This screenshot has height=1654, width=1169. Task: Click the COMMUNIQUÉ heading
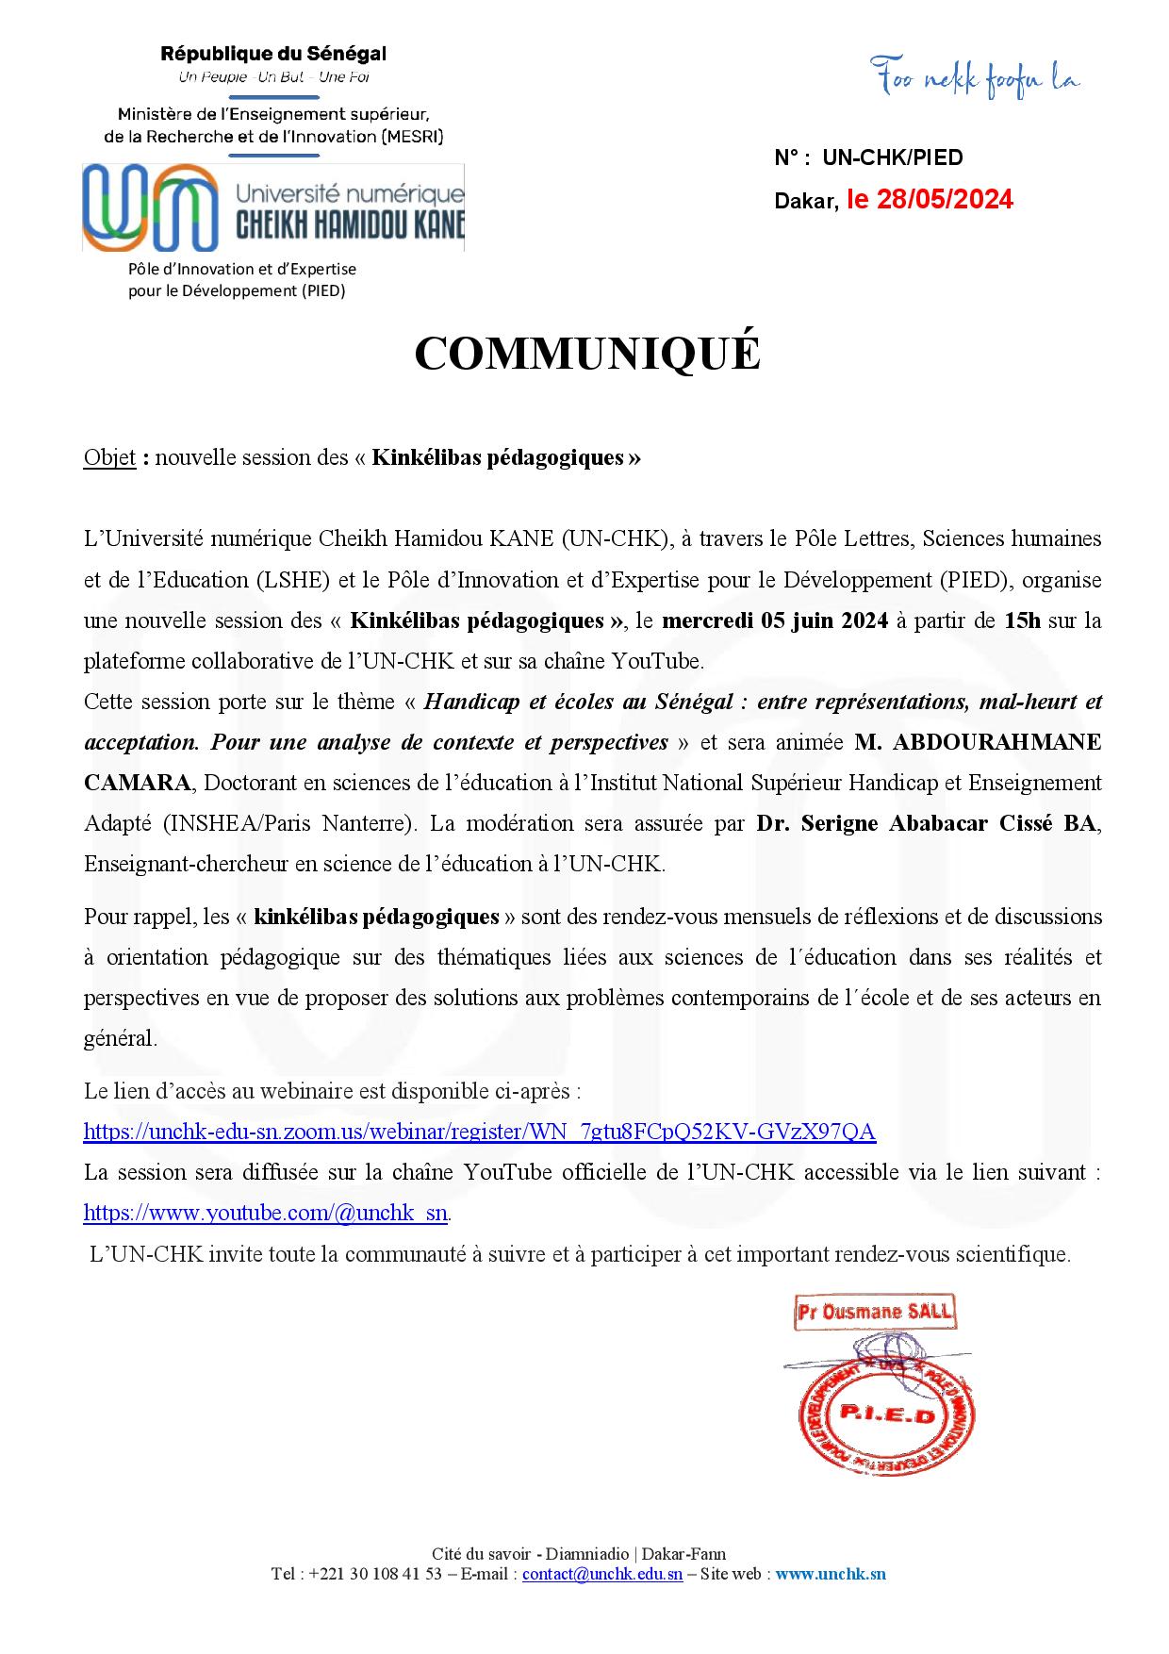tap(586, 354)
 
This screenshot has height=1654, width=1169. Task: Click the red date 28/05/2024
tap(945, 200)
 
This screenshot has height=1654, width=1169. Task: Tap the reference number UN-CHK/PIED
tap(893, 158)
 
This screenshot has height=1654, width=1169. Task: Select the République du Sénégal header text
tap(273, 54)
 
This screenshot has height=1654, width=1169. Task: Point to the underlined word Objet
tap(109, 458)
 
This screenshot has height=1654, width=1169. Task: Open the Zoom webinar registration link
tap(479, 1132)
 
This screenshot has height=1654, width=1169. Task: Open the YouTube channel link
tap(265, 1213)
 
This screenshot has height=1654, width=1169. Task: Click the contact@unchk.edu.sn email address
tap(602, 1574)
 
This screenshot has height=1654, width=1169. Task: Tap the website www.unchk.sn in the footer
tap(831, 1574)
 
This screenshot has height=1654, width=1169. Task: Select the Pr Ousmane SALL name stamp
tap(874, 1312)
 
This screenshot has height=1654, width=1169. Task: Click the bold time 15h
tap(1023, 620)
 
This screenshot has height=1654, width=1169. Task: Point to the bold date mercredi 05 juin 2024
tap(775, 620)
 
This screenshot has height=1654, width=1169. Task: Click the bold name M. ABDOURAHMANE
tap(978, 742)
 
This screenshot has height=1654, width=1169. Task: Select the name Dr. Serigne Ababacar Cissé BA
tap(927, 823)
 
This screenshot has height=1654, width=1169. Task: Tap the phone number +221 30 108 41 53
tap(375, 1574)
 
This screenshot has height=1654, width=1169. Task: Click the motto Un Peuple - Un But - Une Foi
tap(273, 77)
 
